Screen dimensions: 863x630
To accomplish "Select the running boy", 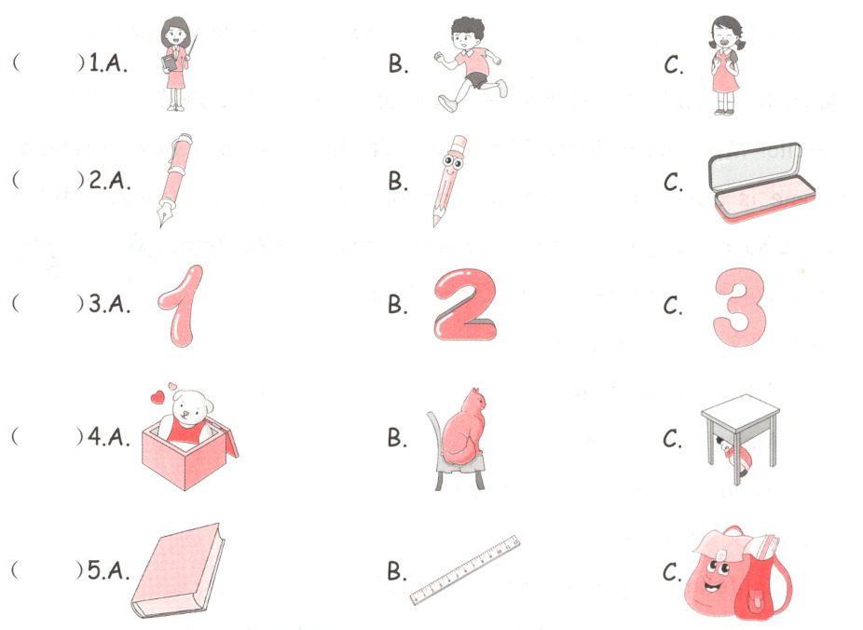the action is click(471, 64).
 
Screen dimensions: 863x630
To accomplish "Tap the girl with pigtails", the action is click(725, 65).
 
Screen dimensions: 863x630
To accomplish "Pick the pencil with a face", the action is click(449, 181).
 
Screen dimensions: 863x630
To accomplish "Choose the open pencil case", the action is click(760, 183).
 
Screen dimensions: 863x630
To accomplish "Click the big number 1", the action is click(181, 305).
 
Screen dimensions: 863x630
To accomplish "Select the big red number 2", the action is click(465, 304).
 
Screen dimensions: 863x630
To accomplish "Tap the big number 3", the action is click(739, 307).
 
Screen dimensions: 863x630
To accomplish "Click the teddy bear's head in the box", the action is click(190, 406).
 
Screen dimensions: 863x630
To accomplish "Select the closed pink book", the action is click(178, 570).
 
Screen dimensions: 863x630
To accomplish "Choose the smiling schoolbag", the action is click(737, 572).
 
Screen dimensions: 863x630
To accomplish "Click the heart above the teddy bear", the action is click(158, 397).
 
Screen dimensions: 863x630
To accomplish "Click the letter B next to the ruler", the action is click(397, 570).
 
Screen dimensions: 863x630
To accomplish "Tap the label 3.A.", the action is click(110, 303).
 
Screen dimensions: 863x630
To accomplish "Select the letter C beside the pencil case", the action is click(673, 182).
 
